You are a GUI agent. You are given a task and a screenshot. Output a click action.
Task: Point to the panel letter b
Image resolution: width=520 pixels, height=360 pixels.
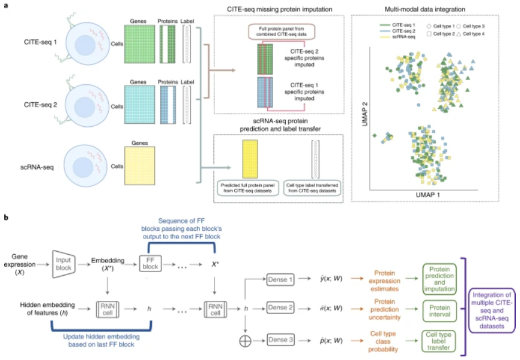(5, 219)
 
